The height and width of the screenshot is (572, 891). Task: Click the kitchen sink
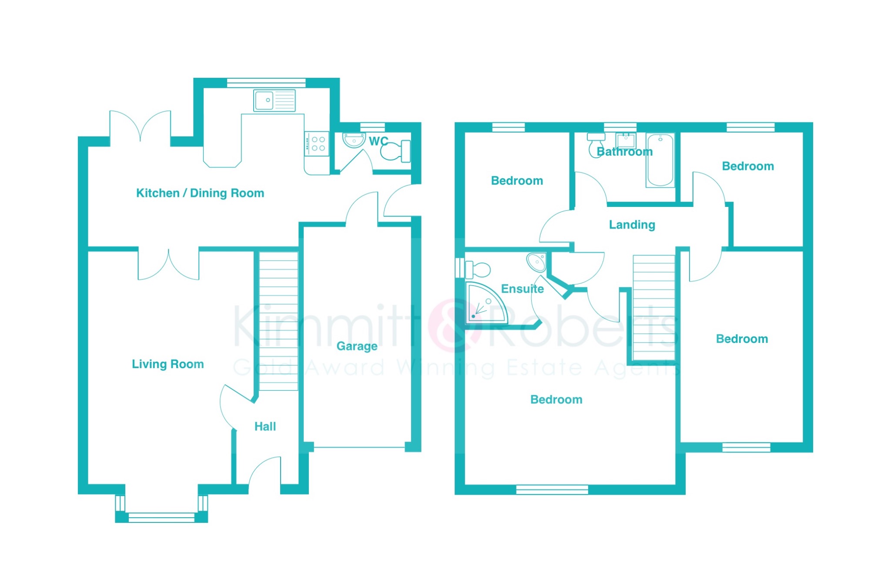[275, 100]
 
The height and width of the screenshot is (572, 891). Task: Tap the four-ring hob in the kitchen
[317, 144]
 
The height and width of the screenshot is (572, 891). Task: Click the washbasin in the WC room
[354, 140]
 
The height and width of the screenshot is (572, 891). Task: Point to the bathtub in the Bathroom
[660, 160]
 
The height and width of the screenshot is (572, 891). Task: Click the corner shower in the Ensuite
[486, 303]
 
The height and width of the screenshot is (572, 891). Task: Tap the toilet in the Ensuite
[478, 269]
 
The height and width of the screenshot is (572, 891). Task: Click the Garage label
[357, 346]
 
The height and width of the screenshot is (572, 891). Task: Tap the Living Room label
[168, 364]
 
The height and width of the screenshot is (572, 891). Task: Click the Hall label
[265, 426]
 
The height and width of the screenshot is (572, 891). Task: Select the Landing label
[632, 225]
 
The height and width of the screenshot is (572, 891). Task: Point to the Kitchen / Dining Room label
[200, 193]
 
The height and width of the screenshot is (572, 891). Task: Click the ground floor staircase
[278, 321]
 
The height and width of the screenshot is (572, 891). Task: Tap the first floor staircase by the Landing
[654, 307]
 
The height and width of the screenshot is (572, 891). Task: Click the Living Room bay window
[161, 508]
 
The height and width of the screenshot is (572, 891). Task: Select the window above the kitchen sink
[266, 83]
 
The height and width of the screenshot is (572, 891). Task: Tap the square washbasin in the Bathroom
[626, 141]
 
